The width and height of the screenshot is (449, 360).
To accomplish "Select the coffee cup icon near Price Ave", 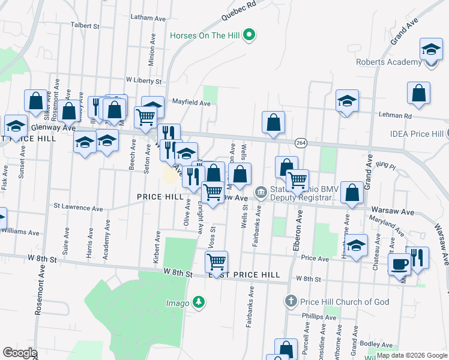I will tap(399, 263).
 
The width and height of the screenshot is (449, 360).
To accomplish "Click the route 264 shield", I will tap(301, 142).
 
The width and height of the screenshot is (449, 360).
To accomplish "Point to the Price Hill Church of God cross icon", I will tap(291, 301).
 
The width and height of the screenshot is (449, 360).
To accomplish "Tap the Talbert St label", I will tap(85, 26).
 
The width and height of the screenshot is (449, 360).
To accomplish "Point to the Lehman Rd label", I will tap(395, 115).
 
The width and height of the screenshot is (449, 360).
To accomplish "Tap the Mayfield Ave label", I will tap(191, 103).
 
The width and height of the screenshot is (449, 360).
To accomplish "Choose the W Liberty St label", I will tap(144, 80).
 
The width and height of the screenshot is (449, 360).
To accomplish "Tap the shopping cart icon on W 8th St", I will tap(216, 262).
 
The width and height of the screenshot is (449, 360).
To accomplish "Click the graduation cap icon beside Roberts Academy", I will tap(431, 49).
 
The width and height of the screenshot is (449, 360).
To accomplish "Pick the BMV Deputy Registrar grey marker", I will tap(261, 192).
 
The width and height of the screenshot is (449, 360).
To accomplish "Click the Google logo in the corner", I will tap(20, 353).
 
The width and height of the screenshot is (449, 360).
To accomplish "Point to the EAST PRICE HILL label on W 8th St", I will tap(244, 274).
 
